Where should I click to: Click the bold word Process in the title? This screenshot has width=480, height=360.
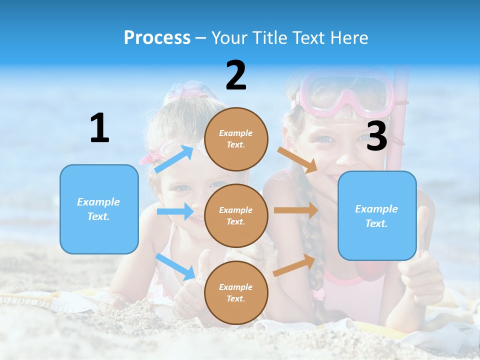157,37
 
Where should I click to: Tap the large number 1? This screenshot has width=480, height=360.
99,128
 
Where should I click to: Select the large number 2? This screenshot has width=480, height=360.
236,75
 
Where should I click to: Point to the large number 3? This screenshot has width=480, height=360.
376,136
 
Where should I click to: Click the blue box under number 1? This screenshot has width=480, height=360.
99,209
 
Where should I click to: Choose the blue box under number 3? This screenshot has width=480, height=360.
377,215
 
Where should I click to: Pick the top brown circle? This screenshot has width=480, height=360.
236,139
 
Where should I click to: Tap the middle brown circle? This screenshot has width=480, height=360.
236,215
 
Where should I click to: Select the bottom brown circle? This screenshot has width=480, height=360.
236,292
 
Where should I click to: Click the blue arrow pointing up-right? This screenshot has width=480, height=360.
174,159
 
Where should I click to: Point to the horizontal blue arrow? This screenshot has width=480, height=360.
175,211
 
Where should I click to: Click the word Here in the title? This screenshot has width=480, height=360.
349,37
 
